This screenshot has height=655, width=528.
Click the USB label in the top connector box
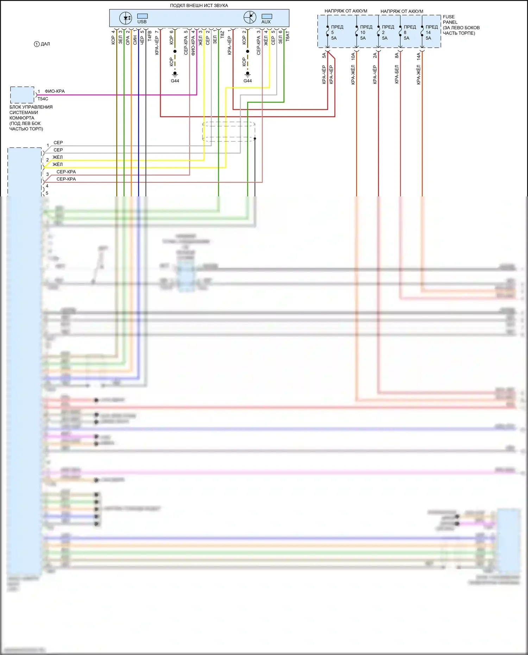(x=142, y=22)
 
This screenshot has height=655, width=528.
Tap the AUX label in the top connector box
(x=266, y=22)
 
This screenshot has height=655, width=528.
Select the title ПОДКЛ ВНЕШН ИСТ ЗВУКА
(x=199, y=6)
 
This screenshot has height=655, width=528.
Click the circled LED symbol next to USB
(x=126, y=18)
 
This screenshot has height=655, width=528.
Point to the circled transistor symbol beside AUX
(x=250, y=17)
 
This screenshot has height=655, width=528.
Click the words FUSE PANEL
(x=450, y=19)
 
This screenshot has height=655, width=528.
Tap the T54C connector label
(x=43, y=99)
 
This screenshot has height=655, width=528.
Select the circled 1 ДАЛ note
(x=42, y=44)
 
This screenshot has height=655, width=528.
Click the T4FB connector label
(x=150, y=36)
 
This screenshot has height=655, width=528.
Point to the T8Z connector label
(x=222, y=34)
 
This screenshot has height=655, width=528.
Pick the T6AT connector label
(x=288, y=36)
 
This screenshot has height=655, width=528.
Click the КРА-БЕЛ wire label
(x=397, y=74)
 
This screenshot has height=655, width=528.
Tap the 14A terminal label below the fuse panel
(x=419, y=56)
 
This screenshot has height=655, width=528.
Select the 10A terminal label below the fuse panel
(x=353, y=56)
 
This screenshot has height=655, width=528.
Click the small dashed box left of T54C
(x=22, y=95)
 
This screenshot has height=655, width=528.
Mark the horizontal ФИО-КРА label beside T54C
(x=55, y=91)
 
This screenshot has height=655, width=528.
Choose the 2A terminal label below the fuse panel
(x=375, y=56)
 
